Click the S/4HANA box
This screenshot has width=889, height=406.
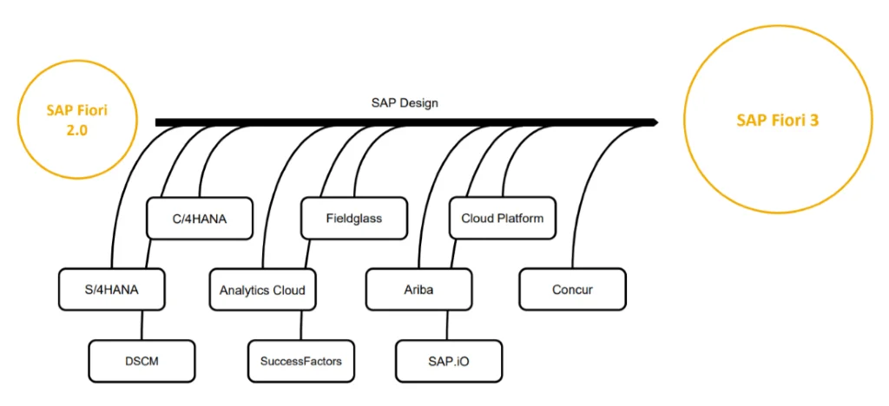[111, 290]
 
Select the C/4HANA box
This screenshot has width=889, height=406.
[200, 218]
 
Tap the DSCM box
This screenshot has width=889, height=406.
[142, 361]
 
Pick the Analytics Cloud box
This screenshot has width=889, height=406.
[262, 290]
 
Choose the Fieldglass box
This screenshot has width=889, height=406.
[354, 218]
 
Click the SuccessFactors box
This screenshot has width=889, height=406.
[301, 361]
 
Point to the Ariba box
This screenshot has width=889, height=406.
[419, 290]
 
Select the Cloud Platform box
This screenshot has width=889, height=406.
[503, 218]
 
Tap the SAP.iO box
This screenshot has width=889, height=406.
[448, 361]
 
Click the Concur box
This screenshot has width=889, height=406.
[572, 290]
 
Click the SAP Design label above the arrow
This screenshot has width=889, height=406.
[405, 103]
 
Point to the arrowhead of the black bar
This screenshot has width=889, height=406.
[652, 122]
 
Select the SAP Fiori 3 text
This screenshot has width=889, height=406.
[778, 121]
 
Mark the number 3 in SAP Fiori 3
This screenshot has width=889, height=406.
[814, 121]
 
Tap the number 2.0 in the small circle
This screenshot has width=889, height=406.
[80, 129]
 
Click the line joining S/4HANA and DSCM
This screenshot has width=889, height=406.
[142, 325]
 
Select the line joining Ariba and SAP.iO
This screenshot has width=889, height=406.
[448, 325]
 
